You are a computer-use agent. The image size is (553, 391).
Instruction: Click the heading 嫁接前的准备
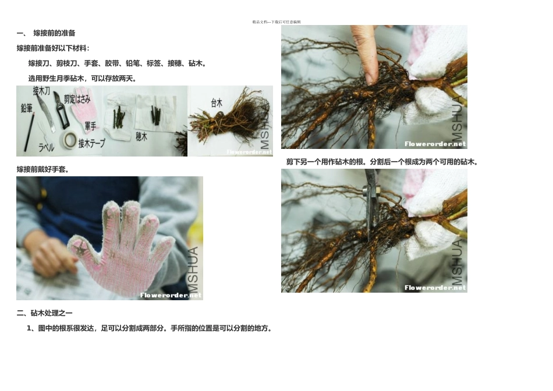[54, 33]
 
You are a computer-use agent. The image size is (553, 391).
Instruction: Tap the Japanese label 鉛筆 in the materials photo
[26, 108]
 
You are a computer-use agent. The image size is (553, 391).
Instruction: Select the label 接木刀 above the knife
[41, 90]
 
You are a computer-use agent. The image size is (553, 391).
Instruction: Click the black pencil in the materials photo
[30, 131]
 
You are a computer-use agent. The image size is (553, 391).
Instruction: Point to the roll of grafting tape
[70, 140]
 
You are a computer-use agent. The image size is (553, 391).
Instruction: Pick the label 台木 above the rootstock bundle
[216, 102]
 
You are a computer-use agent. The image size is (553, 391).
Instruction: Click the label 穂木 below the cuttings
[141, 137]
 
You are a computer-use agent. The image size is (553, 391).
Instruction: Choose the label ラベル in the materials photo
[47, 148]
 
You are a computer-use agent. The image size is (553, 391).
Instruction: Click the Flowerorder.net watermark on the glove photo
[171, 295]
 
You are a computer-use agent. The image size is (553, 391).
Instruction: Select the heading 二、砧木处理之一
[45, 313]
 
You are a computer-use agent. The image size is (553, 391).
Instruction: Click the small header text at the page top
[276, 22]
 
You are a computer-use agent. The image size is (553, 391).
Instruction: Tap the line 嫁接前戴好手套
[42, 169]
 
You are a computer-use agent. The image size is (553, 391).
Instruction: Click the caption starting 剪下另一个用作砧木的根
[382, 162]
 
